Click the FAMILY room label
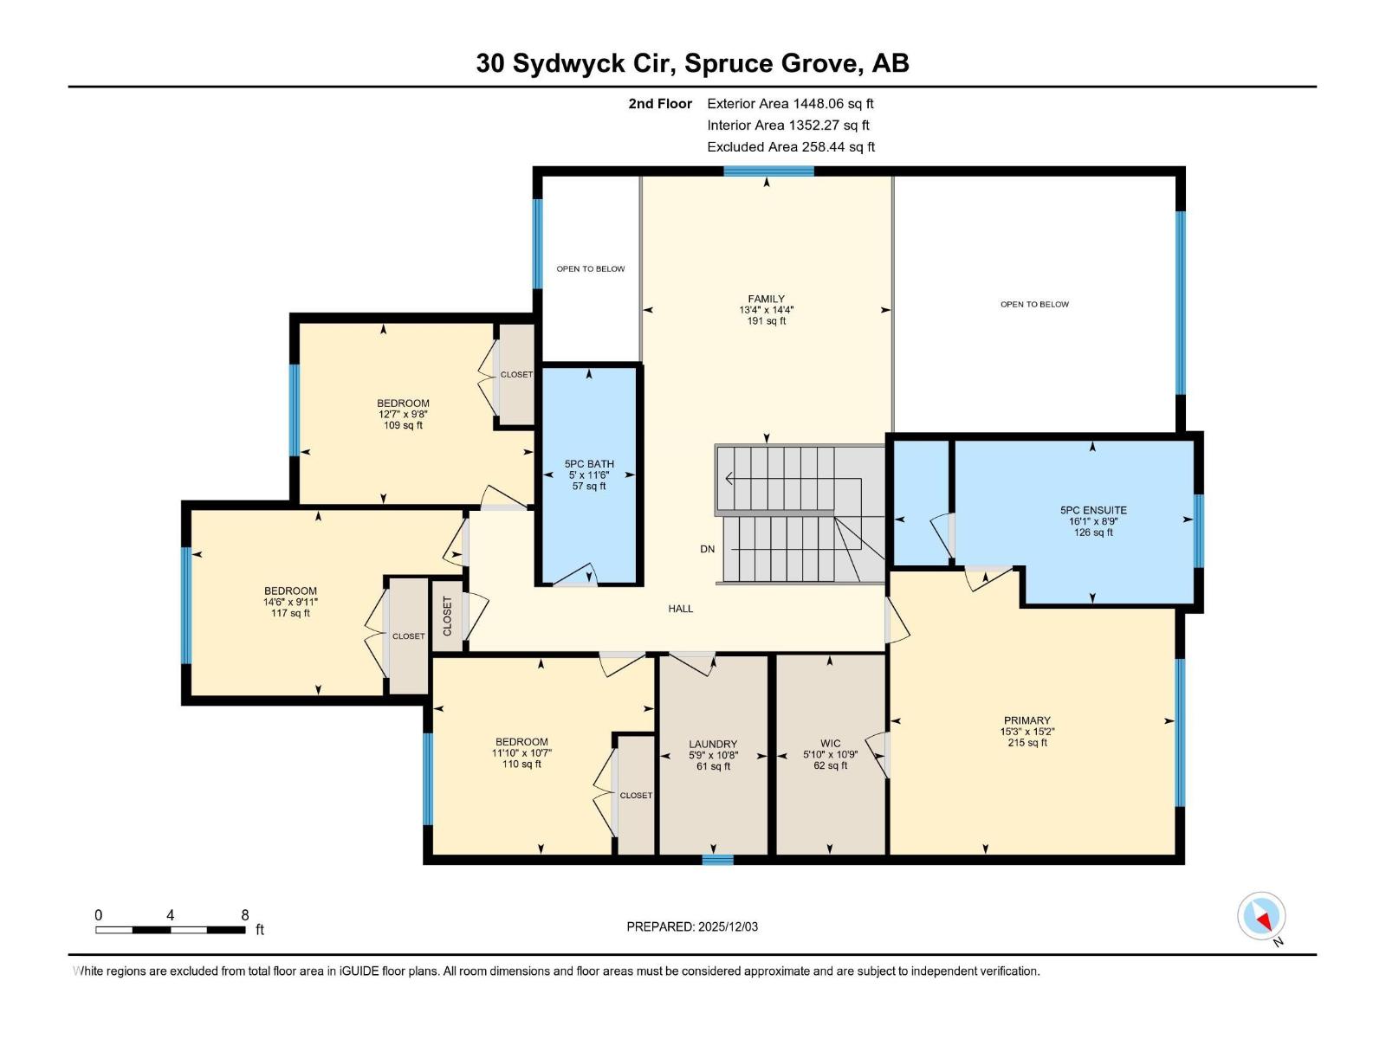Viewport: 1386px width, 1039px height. (766, 299)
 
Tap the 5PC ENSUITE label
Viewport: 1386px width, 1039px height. (1093, 510)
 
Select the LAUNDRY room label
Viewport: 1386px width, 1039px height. (713, 744)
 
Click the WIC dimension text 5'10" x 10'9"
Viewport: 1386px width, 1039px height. (830, 755)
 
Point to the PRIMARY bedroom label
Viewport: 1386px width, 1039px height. (1027, 720)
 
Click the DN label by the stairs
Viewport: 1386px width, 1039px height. (708, 549)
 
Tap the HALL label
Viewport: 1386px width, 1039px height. (681, 609)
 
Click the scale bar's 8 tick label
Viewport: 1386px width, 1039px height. (245, 915)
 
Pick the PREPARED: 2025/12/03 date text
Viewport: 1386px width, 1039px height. (692, 926)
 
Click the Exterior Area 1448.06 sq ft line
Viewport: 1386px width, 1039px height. (790, 103)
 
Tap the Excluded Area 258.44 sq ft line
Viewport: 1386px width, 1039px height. (790, 146)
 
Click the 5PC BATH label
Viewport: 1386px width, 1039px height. (589, 464)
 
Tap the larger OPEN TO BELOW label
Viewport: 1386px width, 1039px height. (1034, 305)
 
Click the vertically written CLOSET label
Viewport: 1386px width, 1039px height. (448, 616)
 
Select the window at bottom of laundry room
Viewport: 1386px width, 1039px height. (717, 860)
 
